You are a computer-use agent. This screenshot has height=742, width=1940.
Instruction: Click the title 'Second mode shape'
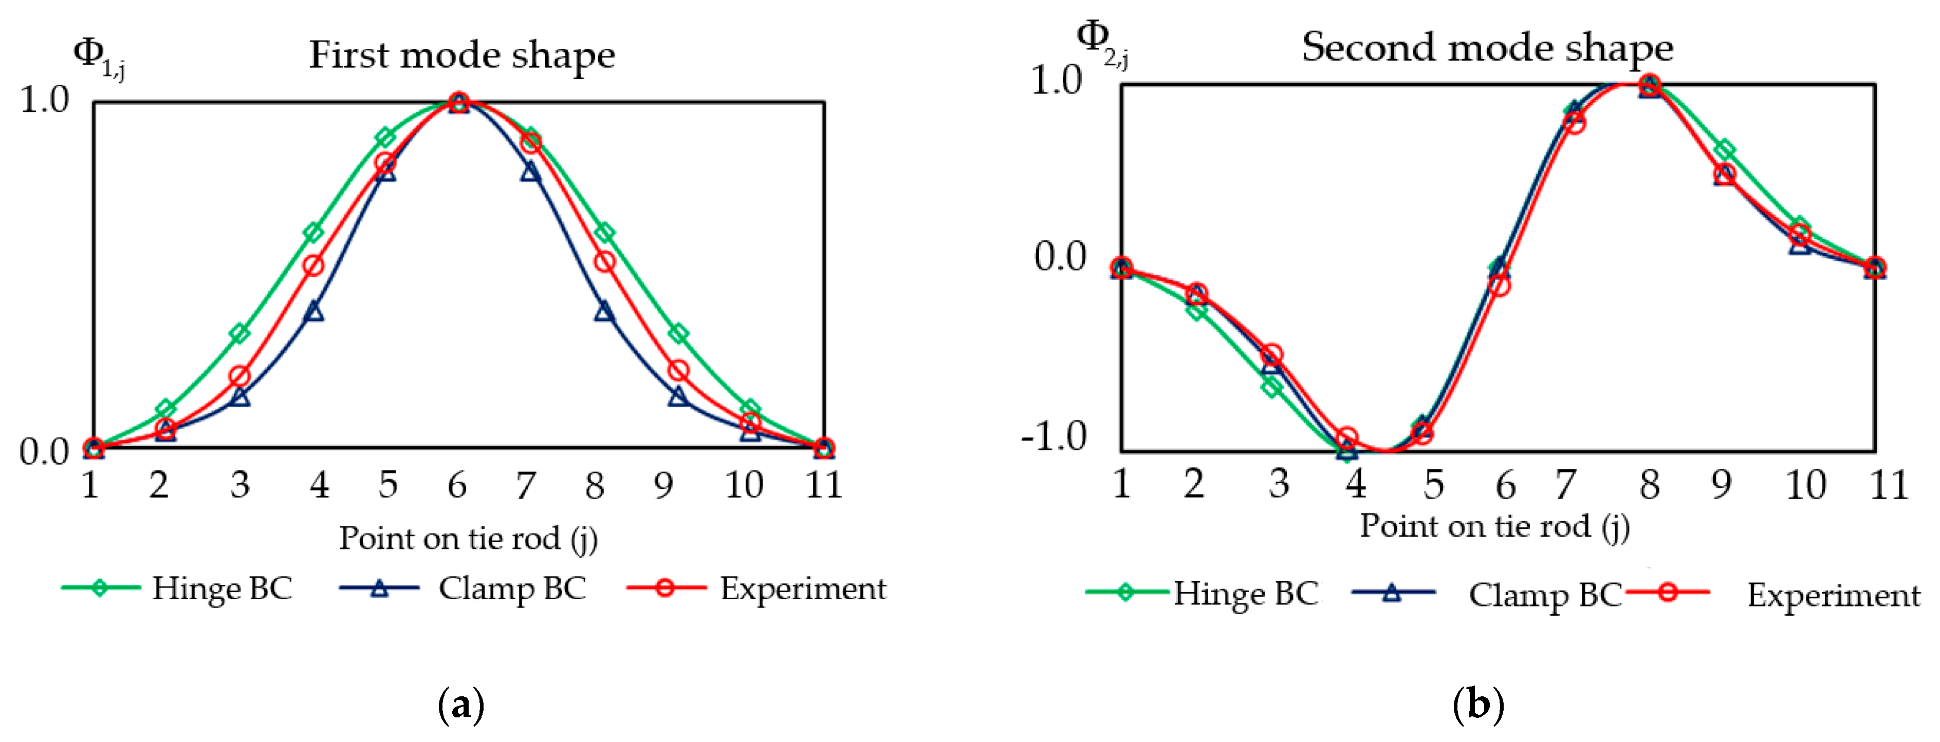(1487, 47)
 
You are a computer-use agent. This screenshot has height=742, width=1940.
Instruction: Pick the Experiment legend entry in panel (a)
(757, 588)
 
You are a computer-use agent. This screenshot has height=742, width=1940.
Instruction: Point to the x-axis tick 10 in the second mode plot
(1805, 485)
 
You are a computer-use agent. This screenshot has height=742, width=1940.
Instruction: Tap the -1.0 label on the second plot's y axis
(1053, 436)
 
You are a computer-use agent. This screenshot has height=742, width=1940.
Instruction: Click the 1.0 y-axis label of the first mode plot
(44, 100)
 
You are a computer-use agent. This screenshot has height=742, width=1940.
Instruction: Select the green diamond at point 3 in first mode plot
(239, 333)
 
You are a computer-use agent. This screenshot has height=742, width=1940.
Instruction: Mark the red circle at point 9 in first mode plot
(678, 370)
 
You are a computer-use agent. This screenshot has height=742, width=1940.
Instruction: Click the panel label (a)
(460, 705)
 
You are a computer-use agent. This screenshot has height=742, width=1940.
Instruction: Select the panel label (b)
(1477, 705)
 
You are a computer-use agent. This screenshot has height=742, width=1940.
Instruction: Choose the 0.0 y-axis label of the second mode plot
(1060, 257)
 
